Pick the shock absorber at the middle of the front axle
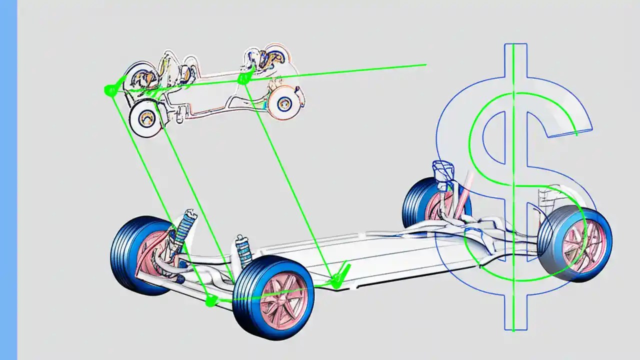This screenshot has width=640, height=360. tap(244, 250)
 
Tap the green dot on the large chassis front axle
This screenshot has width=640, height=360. tap(211, 300)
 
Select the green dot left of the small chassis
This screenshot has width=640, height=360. tap(109, 90)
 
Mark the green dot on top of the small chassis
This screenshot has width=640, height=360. tap(243, 78)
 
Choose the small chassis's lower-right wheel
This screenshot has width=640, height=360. tap(283, 102)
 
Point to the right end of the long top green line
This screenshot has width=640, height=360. tap(425, 64)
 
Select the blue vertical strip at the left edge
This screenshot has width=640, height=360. tap(8, 180)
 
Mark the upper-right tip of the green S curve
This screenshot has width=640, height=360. tap(576, 134)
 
